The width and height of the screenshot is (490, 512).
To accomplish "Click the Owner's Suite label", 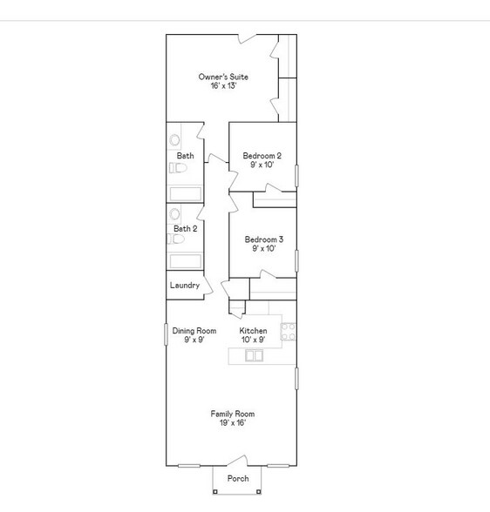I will (x=223, y=77).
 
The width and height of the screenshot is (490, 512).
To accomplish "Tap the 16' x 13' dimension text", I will (x=223, y=86).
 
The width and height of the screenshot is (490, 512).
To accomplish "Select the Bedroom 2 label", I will (x=262, y=156).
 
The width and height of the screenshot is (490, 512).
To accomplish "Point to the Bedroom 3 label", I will (x=263, y=239).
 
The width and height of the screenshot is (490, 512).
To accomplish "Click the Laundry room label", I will (x=185, y=285).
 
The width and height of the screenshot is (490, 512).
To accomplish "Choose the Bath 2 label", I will (x=185, y=229).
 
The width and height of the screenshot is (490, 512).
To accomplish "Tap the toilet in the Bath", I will (x=175, y=168).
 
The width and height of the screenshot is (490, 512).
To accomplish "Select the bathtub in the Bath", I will (x=185, y=193).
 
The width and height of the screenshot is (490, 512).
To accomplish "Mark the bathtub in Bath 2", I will (x=185, y=260).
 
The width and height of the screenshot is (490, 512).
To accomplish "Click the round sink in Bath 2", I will (x=175, y=213).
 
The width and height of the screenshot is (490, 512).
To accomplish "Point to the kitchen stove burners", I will (x=288, y=331).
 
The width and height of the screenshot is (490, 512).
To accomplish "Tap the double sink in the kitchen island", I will (x=255, y=355).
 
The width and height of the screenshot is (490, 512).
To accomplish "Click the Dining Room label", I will (x=194, y=331).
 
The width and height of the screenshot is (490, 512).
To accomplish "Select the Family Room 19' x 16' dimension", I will (x=232, y=423).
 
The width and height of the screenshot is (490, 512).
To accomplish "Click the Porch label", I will (x=238, y=478).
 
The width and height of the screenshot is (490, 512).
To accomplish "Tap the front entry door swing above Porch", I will (x=237, y=461).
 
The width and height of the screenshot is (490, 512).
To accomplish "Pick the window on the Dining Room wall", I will (x=167, y=334).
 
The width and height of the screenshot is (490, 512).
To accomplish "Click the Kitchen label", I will (x=254, y=331).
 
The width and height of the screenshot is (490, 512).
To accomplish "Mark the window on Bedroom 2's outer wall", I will (x=296, y=174).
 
